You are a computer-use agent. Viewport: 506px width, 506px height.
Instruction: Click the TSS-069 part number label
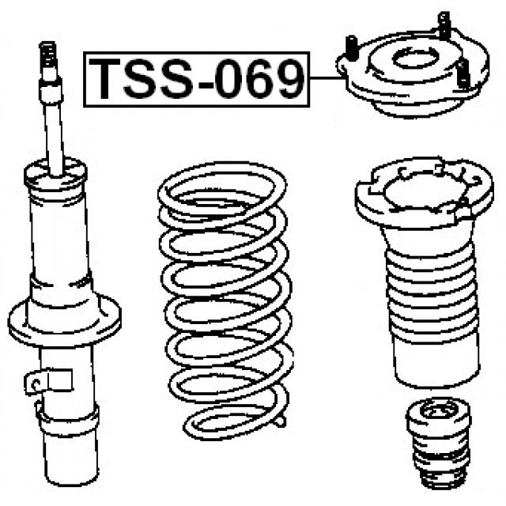pos(197,79)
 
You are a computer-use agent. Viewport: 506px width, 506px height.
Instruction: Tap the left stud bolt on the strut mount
pos(351,48)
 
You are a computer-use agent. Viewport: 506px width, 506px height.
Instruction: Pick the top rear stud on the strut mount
pos(444,25)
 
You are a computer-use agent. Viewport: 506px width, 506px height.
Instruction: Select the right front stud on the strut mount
pos(463,74)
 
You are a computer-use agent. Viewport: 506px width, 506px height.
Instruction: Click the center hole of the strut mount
pos(415,59)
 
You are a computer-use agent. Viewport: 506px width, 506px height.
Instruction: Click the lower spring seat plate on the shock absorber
pos(65,319)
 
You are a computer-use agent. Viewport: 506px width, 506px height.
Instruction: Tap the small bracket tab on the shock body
pos(48,381)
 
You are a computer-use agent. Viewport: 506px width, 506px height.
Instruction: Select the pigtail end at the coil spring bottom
pos(279,420)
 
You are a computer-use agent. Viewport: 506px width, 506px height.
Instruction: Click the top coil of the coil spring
pos(222,190)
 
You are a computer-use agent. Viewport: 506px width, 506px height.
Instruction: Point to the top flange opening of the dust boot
pos(423,191)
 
